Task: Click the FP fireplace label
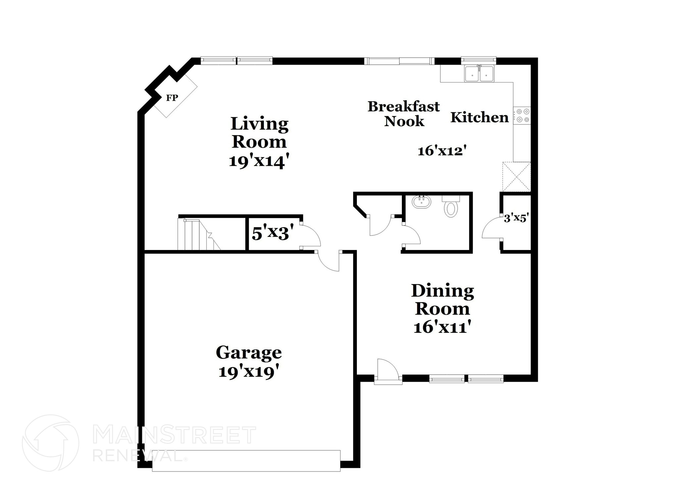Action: tap(172, 98)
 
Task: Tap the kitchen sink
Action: tap(479, 74)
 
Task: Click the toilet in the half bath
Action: tap(451, 207)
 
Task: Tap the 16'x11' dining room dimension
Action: tap(442, 327)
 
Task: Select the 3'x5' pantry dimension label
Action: tap(516, 218)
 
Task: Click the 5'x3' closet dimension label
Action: tap(273, 233)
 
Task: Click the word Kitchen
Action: tap(479, 118)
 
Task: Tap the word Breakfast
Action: tap(404, 107)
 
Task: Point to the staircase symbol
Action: tap(199, 234)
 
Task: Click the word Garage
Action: tap(249, 353)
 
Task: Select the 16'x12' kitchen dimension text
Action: tap(442, 151)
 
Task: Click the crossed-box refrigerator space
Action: tap(516, 176)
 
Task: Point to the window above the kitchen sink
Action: tap(479, 60)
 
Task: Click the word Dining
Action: tap(442, 291)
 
